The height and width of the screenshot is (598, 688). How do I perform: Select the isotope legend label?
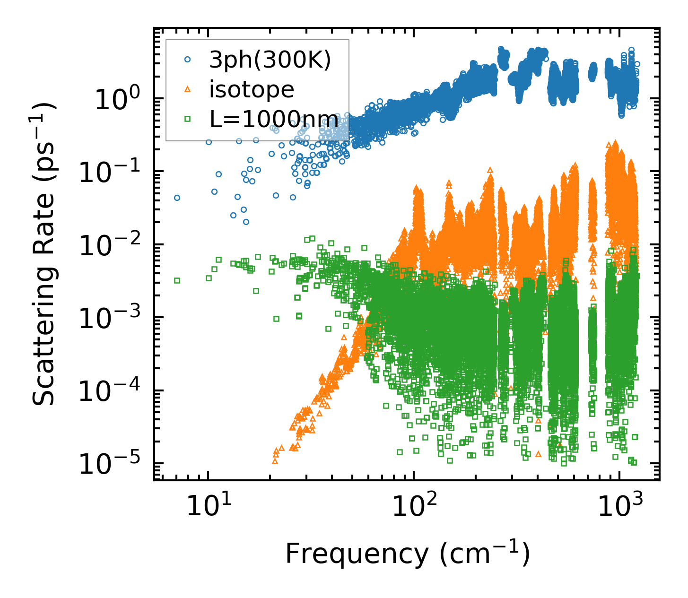pyautogui.click(x=252, y=89)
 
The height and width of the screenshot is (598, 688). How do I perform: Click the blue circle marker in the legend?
pyautogui.click(x=188, y=60)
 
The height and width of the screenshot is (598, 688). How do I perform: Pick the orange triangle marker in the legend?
pyautogui.click(x=188, y=89)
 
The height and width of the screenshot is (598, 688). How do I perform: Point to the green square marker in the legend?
pyautogui.click(x=188, y=119)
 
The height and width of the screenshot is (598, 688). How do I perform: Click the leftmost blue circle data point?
pyautogui.click(x=177, y=198)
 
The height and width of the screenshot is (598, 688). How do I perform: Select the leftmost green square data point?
pyautogui.click(x=177, y=280)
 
